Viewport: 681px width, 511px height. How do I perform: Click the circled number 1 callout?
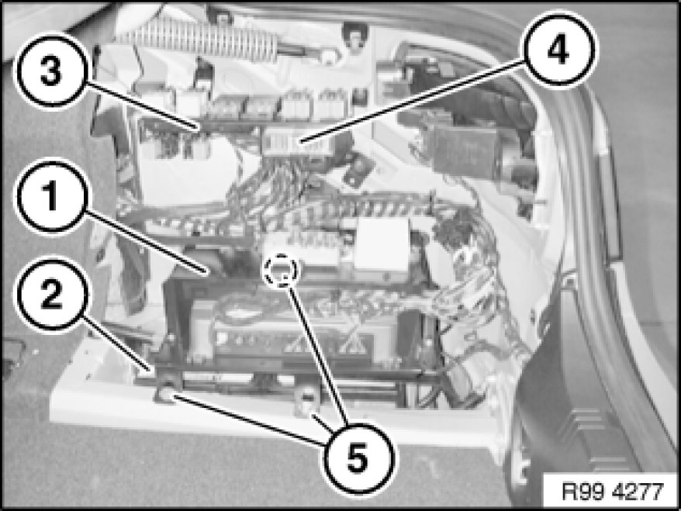(51, 197)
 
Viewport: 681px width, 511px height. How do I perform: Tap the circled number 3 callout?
(51, 71)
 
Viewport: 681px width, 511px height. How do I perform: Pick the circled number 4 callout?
(558, 49)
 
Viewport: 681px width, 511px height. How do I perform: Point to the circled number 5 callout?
(358, 457)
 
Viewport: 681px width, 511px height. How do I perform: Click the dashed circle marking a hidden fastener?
(281, 270)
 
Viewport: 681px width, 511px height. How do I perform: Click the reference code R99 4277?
(613, 492)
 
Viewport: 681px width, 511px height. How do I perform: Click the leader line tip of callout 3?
(201, 129)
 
